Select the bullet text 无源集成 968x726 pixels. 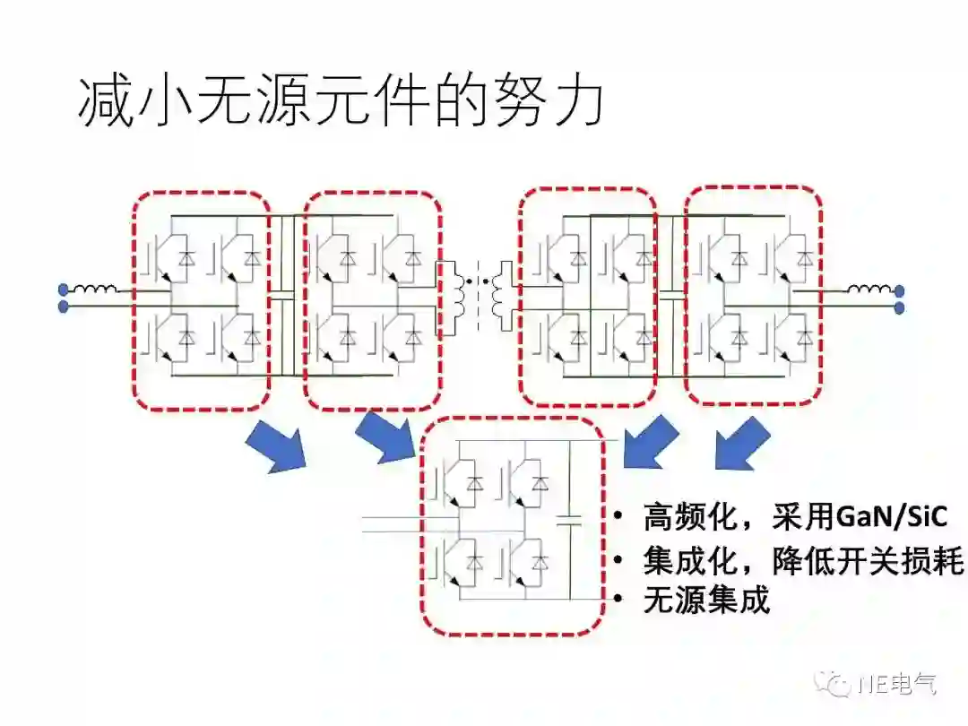pyautogui.click(x=706, y=600)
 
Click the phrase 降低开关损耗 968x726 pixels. pyautogui.click(x=868, y=562)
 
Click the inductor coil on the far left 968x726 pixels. pyautogui.click(x=94, y=290)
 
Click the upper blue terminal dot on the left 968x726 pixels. pyautogui.click(x=63, y=290)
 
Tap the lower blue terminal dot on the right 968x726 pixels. pyautogui.click(x=899, y=307)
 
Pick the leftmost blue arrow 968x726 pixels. pyautogui.click(x=275, y=447)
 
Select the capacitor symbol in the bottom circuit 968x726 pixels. pyautogui.click(x=568, y=518)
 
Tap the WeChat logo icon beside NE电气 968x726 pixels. pyautogui.click(x=838, y=685)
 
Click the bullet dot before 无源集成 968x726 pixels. pyautogui.click(x=618, y=600)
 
